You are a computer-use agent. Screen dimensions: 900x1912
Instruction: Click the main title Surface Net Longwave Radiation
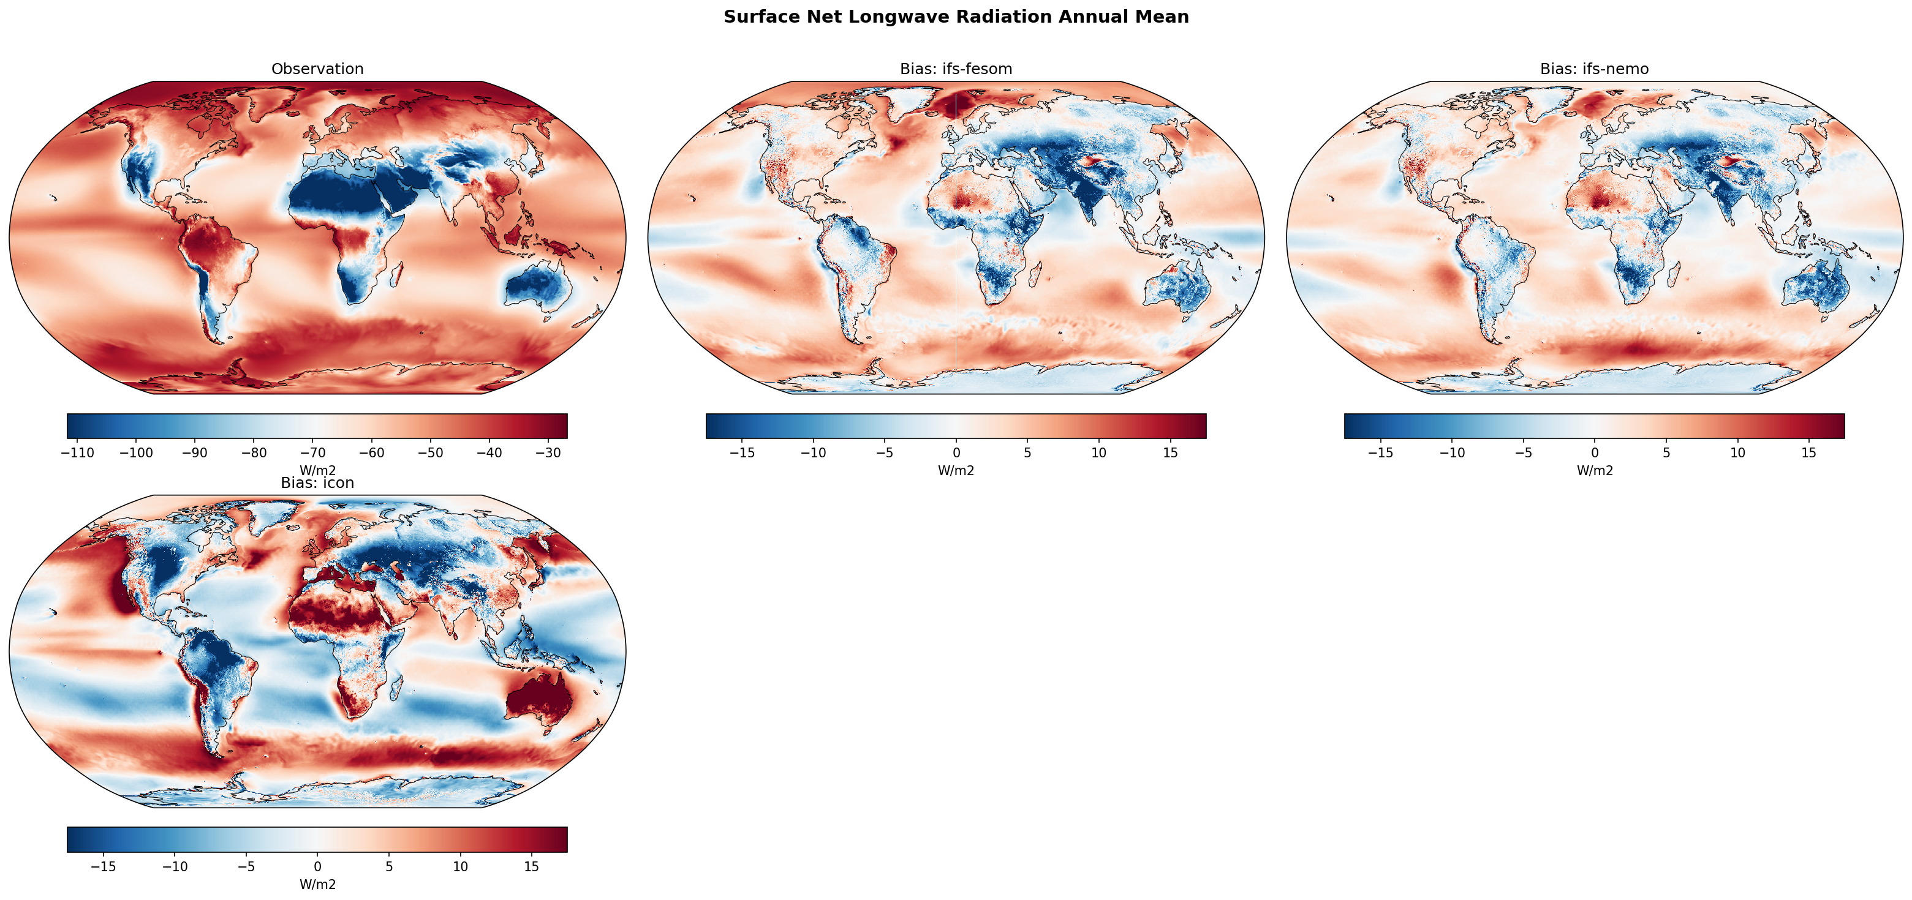956,17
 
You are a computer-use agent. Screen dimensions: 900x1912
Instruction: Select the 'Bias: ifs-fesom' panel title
956,69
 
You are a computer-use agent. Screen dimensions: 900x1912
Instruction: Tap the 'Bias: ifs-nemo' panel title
1594,69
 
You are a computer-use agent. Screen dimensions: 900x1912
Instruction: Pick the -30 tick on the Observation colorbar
548,452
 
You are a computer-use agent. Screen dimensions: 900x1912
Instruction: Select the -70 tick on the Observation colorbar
312,452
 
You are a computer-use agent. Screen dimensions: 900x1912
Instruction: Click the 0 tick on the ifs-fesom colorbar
956,452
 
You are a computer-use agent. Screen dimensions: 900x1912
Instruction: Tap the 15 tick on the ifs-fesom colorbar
1169,452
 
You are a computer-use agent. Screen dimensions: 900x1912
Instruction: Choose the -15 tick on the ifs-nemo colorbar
1381,452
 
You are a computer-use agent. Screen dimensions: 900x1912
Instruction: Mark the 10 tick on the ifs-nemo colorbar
1737,452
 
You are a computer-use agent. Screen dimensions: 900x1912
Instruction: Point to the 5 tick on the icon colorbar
389,866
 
